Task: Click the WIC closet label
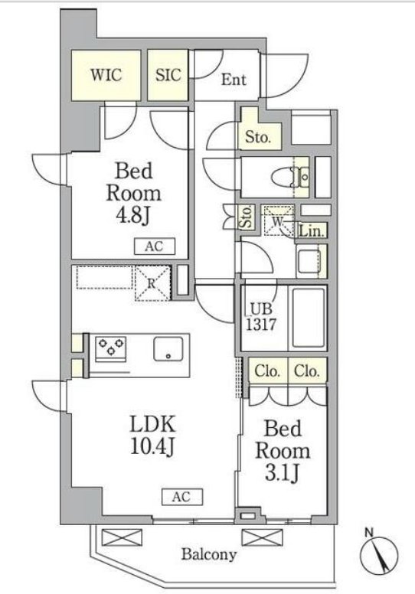(106, 74)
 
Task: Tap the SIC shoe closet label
(168, 74)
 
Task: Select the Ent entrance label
(234, 80)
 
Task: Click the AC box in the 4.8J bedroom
(155, 246)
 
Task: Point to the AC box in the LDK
(182, 497)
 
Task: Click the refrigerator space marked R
(152, 283)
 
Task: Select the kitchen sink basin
(168, 348)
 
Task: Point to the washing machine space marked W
(279, 221)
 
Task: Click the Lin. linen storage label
(312, 231)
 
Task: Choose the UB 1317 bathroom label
(261, 317)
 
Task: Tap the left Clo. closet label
(267, 371)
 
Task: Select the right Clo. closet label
(307, 371)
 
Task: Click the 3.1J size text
(283, 472)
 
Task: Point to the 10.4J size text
(152, 447)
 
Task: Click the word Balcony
(209, 555)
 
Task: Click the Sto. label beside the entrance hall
(258, 137)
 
